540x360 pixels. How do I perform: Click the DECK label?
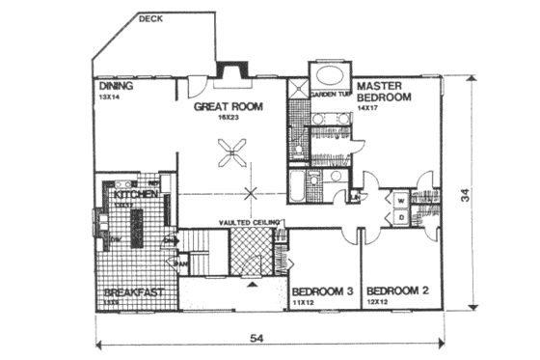point(151,17)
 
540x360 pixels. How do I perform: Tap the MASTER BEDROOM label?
point(384,92)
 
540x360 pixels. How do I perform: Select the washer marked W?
point(399,200)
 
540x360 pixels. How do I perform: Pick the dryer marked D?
point(399,216)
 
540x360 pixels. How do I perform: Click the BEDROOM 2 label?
point(396,291)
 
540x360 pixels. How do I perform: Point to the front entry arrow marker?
point(253,284)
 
